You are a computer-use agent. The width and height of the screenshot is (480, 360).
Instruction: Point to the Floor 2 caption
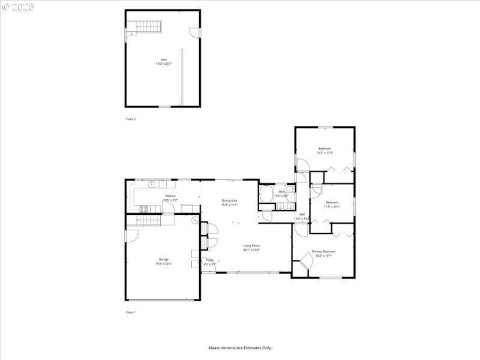131,119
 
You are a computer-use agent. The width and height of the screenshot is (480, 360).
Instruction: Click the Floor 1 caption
131,313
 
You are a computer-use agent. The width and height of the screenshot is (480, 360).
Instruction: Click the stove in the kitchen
144,209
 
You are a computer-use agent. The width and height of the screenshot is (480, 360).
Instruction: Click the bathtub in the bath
266,194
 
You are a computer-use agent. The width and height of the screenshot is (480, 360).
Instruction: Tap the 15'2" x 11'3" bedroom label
325,151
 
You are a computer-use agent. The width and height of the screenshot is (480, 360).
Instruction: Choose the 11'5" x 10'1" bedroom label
332,205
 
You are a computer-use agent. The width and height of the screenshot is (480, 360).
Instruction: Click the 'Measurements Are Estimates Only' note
240,347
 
